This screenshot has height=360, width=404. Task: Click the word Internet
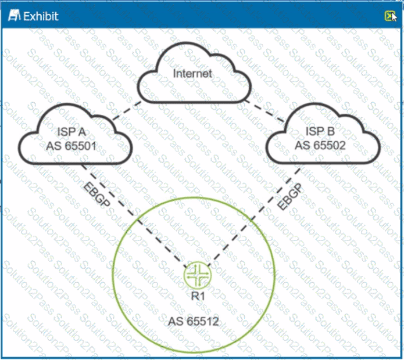[x=192, y=74]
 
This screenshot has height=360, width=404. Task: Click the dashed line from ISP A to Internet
[x=126, y=113]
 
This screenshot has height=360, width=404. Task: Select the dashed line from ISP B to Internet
[x=264, y=111]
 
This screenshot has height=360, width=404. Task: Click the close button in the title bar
[x=389, y=16]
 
